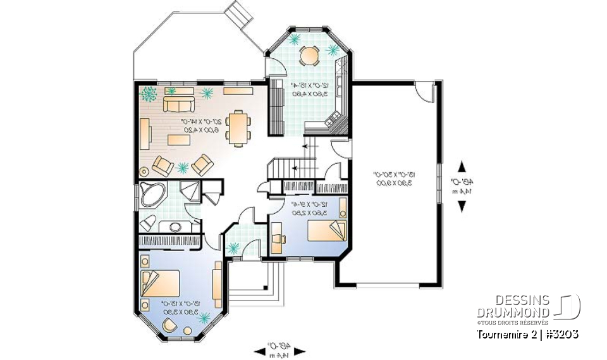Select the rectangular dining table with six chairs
point(239,128)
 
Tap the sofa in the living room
point(179,103)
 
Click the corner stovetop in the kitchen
point(336,121)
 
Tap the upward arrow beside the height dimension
point(463,166)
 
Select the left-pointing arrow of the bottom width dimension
point(260,349)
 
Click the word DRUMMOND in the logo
point(512,312)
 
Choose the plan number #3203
point(561,333)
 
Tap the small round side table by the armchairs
point(144,170)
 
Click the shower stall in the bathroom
point(188,191)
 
